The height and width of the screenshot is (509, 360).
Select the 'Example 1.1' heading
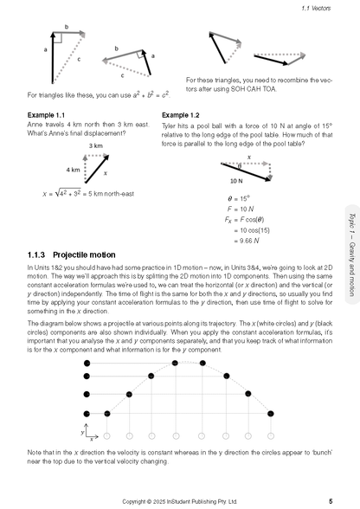46,114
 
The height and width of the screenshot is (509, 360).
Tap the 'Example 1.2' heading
183,114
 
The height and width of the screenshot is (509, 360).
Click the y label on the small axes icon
81,429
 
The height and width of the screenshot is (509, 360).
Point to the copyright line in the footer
180,500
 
